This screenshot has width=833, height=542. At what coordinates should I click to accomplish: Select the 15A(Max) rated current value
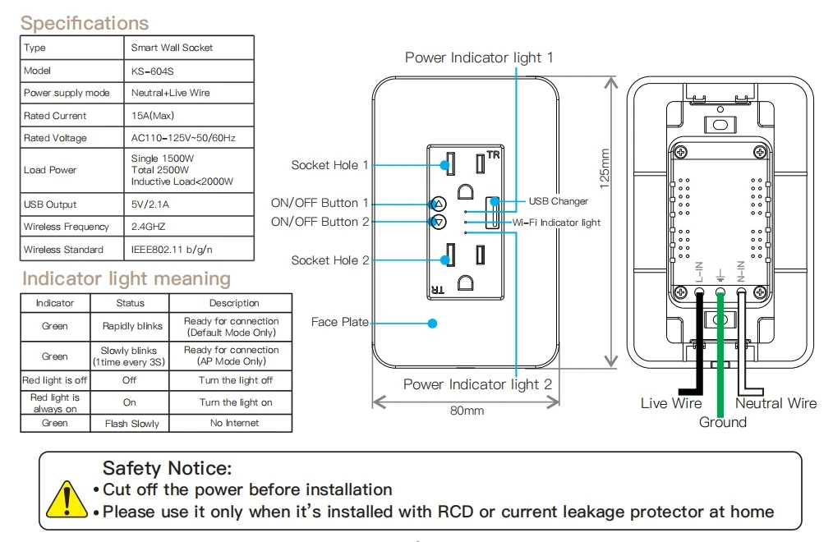point(153,116)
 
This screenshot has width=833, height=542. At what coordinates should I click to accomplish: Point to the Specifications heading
point(85,23)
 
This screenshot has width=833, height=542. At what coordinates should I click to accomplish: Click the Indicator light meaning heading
point(127,279)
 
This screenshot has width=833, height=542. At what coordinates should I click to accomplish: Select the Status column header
point(131,303)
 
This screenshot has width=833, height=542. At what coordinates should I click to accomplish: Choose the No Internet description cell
point(234,423)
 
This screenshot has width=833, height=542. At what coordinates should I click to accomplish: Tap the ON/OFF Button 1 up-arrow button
point(439,204)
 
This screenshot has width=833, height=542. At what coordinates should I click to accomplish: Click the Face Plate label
point(339,322)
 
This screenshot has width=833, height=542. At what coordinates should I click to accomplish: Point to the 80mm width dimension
point(467,411)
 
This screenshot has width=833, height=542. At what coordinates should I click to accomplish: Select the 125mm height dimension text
point(605,169)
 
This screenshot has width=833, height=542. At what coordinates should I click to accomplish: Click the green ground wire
point(720,361)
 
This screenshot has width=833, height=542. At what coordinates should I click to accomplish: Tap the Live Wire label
point(671,403)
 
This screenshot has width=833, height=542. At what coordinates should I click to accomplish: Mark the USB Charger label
point(558,201)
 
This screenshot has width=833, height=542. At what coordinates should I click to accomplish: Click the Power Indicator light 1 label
point(479,57)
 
